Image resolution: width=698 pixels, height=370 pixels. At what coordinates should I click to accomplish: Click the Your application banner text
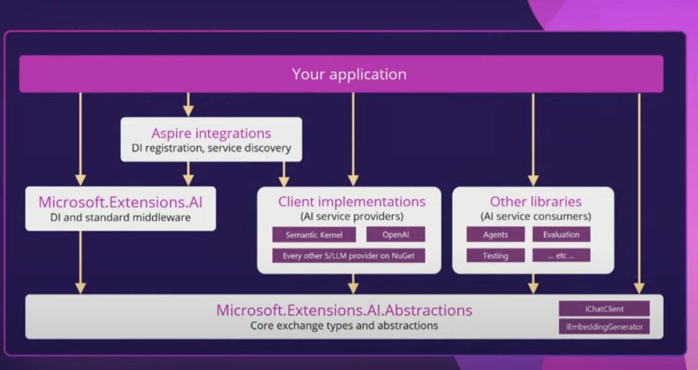tap(349, 74)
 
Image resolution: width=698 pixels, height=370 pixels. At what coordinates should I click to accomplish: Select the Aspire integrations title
tap(211, 133)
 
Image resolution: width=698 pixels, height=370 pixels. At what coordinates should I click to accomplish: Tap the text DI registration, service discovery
tap(211, 148)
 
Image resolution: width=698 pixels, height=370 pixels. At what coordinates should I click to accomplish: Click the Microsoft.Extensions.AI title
tap(120, 202)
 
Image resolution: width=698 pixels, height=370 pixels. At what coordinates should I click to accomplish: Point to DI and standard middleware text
tap(120, 218)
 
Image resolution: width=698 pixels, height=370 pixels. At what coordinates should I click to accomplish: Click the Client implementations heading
tap(352, 202)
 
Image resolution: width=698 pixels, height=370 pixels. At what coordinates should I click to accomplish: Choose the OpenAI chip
tap(395, 235)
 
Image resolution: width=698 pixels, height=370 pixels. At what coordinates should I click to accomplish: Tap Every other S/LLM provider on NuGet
tap(348, 256)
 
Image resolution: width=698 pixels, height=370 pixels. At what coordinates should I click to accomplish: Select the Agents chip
tap(496, 235)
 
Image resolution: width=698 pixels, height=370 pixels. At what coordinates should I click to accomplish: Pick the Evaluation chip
tap(561, 235)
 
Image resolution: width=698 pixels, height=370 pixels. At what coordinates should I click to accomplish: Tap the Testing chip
tap(496, 256)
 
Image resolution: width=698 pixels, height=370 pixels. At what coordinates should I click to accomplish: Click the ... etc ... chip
tap(561, 256)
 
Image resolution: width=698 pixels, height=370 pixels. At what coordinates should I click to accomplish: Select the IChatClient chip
tap(604, 309)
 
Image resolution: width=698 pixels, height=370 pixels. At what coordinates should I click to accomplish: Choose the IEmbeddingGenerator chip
tap(604, 326)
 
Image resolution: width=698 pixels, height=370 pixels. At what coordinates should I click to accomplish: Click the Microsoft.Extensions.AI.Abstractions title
tap(344, 310)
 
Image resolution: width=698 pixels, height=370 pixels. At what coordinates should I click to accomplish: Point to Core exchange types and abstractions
tap(344, 325)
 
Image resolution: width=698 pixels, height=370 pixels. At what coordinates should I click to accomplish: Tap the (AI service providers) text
tap(352, 216)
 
